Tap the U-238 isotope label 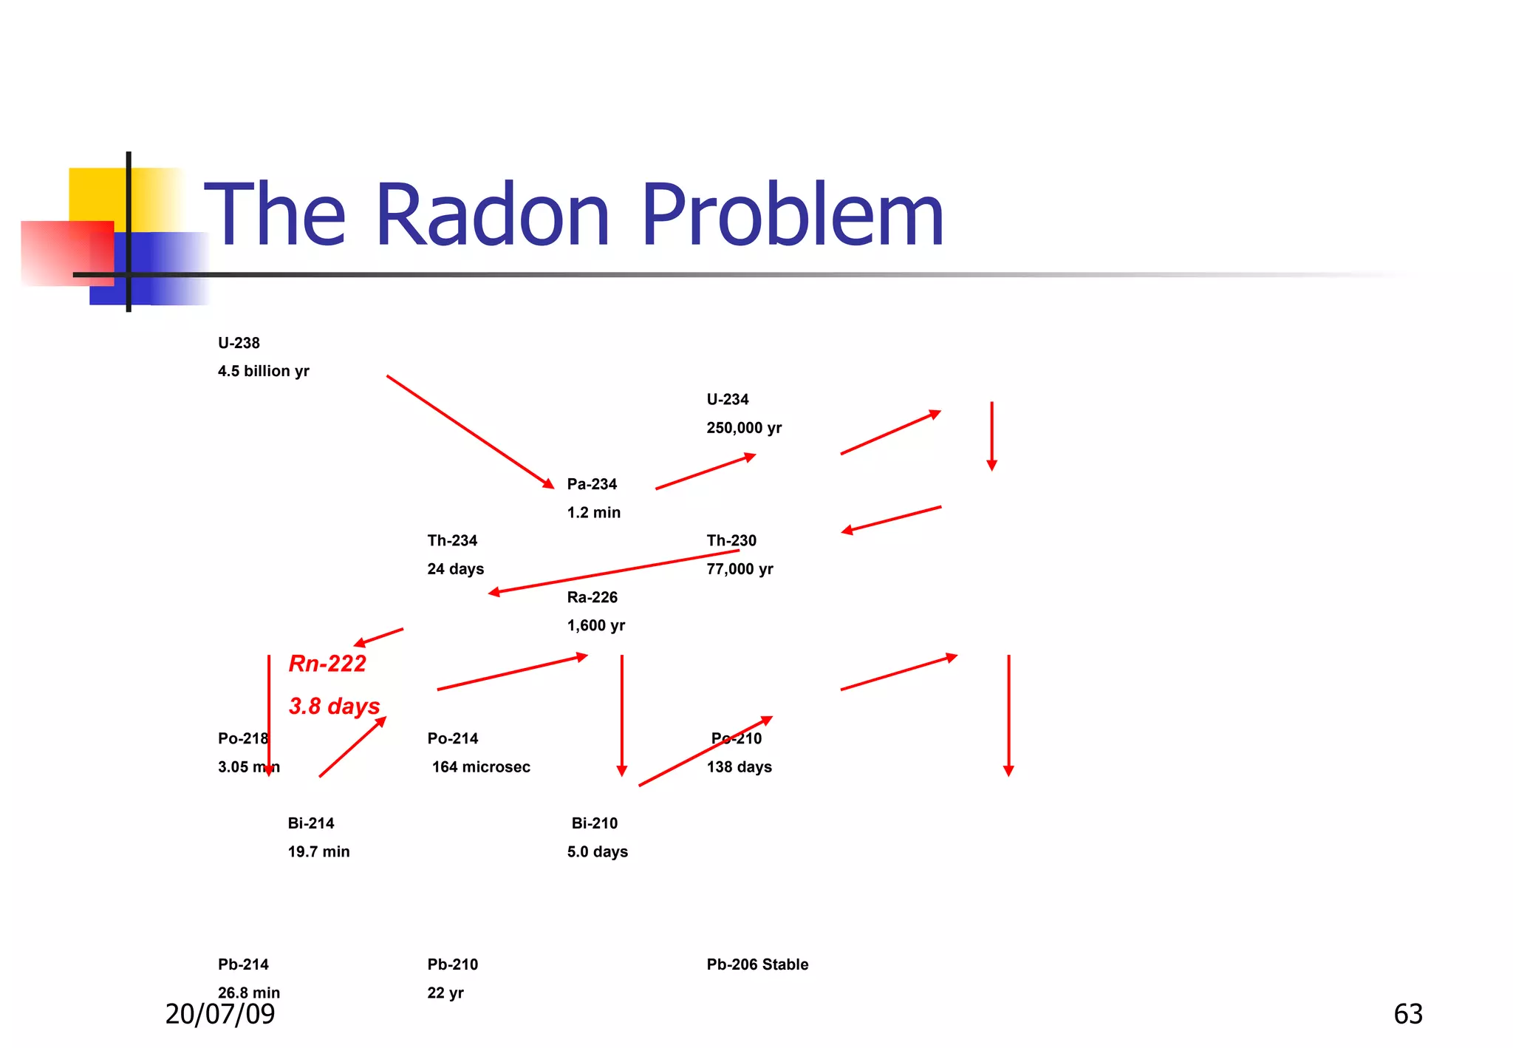click(x=239, y=343)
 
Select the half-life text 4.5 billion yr click(x=263, y=371)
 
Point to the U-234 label click(x=728, y=400)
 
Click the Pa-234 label click(x=592, y=484)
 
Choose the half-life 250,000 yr click(x=744, y=428)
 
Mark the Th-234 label click(x=452, y=541)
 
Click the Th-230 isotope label click(x=731, y=541)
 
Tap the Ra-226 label click(x=592, y=597)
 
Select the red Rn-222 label click(x=327, y=664)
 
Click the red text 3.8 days click(x=334, y=706)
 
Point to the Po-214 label click(x=452, y=738)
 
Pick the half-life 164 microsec click(x=481, y=767)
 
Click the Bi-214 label click(x=311, y=823)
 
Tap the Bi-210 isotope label click(x=595, y=823)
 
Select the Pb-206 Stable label click(x=757, y=964)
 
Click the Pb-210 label click(x=452, y=964)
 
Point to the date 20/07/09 click(x=220, y=1014)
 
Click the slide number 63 click(x=1407, y=1014)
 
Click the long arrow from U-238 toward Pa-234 click(x=470, y=432)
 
